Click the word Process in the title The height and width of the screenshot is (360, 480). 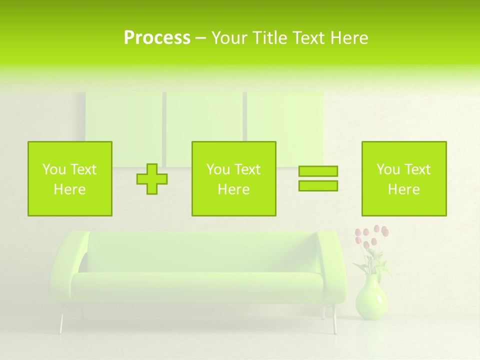157,38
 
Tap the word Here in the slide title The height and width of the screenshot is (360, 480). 350,38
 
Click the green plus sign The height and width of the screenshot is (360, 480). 152,179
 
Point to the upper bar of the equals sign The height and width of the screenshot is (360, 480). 318,171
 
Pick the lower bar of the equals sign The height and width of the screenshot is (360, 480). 318,185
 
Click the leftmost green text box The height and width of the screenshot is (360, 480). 69,178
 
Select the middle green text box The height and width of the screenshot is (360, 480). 233,178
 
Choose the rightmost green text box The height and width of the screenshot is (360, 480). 403,178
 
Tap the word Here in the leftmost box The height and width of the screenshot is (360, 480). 69,189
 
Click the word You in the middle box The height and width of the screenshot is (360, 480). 218,169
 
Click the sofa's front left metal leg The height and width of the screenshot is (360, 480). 62,322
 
